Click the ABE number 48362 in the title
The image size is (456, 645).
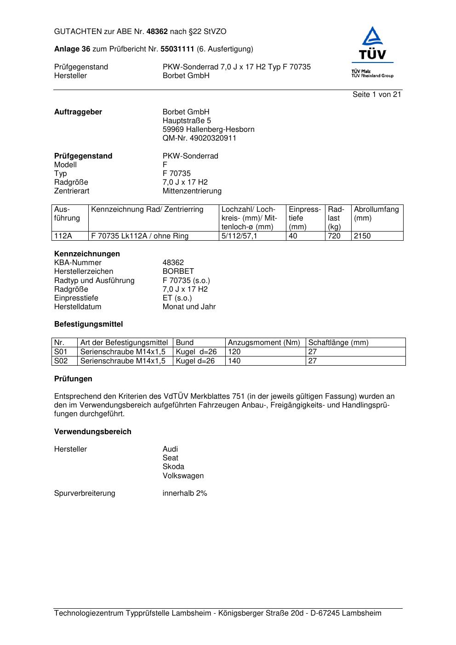point(157,32)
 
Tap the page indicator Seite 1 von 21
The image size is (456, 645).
point(376,95)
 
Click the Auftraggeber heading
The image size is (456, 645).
point(78,112)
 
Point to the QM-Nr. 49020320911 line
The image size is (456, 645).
point(199,138)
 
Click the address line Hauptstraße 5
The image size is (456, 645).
point(187,121)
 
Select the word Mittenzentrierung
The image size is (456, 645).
point(192,191)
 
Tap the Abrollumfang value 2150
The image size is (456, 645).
point(362,236)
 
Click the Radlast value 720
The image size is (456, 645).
point(334,236)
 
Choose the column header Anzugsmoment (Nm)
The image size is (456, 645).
point(264,343)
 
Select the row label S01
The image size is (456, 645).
point(61,352)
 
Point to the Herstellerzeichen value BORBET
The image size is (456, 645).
point(178,272)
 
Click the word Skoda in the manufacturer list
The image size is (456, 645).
point(173,467)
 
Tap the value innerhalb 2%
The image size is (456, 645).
point(185,493)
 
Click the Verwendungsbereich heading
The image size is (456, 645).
point(92,432)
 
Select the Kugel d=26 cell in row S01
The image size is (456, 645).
point(196,352)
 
